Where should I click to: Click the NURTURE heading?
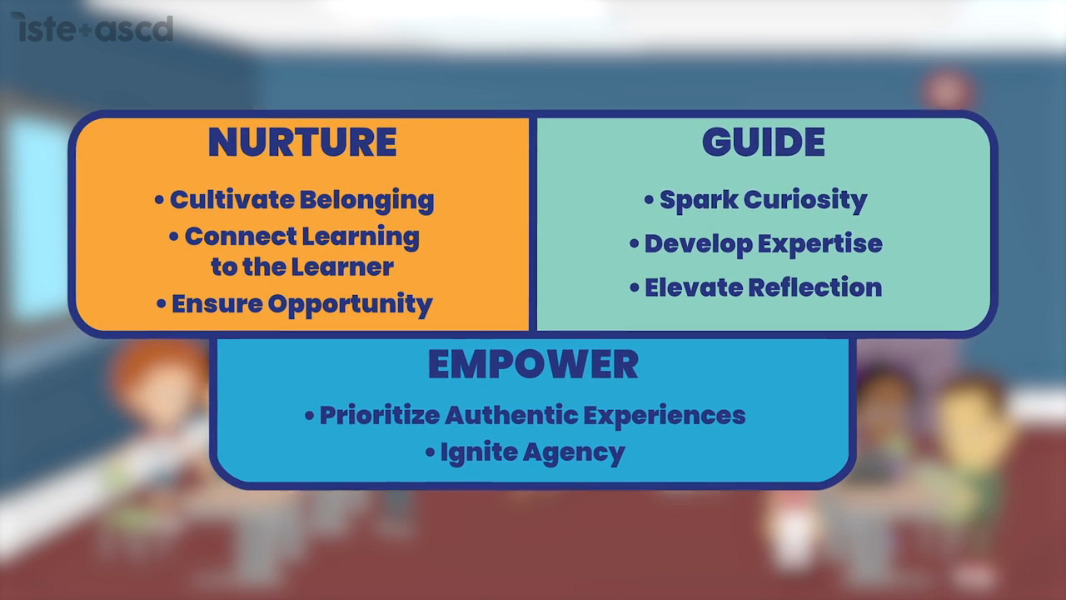(301, 142)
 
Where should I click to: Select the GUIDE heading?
(763, 142)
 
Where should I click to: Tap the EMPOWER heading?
(533, 364)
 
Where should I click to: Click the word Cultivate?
(231, 200)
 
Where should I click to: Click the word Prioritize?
(379, 415)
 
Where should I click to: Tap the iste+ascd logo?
(97, 28)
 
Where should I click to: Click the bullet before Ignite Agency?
(431, 453)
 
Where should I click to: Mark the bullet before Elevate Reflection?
(635, 287)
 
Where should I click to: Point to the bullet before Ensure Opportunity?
(162, 304)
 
